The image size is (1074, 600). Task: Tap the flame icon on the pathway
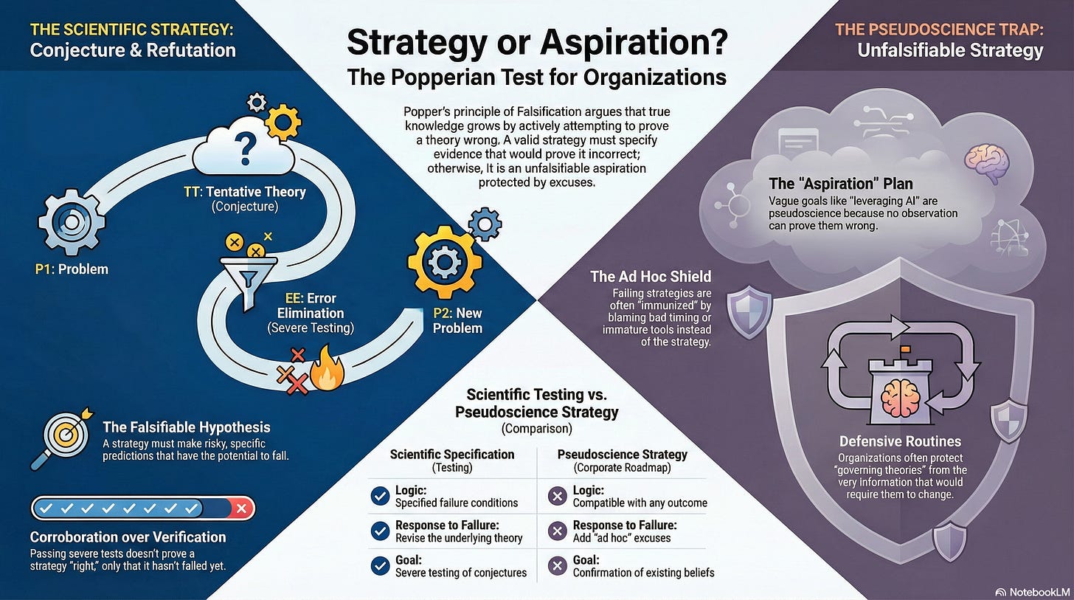(x=328, y=371)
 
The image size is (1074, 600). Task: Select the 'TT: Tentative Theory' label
(x=244, y=193)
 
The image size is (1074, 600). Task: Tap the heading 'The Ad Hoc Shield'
(x=651, y=277)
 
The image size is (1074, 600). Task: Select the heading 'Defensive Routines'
(x=900, y=441)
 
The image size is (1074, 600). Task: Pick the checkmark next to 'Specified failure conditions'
(x=381, y=496)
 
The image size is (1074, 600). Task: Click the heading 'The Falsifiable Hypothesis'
(x=186, y=427)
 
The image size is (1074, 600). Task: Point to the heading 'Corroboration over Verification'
(x=128, y=537)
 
